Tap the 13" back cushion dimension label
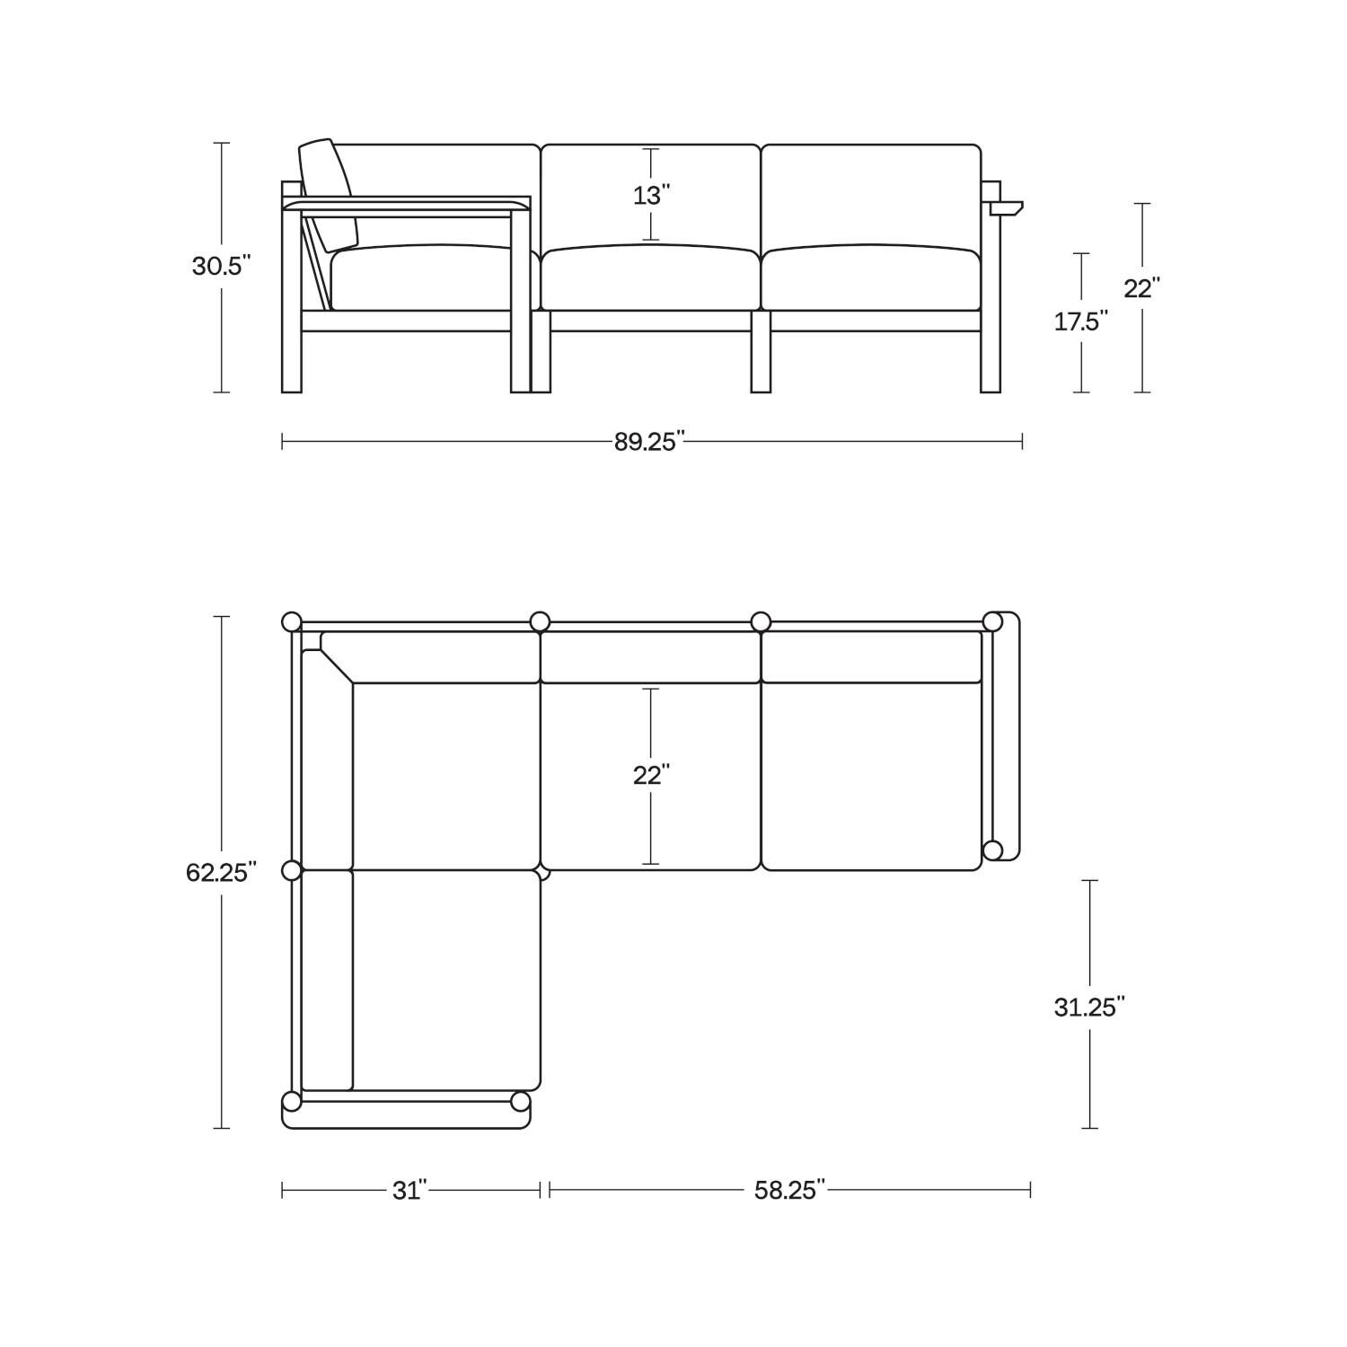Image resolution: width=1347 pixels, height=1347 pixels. tap(651, 195)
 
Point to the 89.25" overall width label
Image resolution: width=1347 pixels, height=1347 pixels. tap(650, 442)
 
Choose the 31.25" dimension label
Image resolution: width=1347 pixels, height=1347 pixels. tap(1089, 1008)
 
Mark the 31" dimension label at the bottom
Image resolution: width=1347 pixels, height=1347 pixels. tap(409, 1190)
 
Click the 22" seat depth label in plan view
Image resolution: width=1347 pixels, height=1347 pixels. tap(651, 775)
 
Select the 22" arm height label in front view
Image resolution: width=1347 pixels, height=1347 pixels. tap(1141, 288)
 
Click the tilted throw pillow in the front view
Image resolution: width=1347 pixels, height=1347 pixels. tap(329, 194)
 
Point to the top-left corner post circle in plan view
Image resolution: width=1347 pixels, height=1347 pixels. tap(291, 621)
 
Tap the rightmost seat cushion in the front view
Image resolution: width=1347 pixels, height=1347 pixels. tap(871, 277)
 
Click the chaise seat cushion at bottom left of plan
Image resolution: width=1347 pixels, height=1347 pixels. tap(446, 979)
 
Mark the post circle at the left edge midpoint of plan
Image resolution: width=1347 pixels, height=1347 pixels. tap(291, 870)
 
